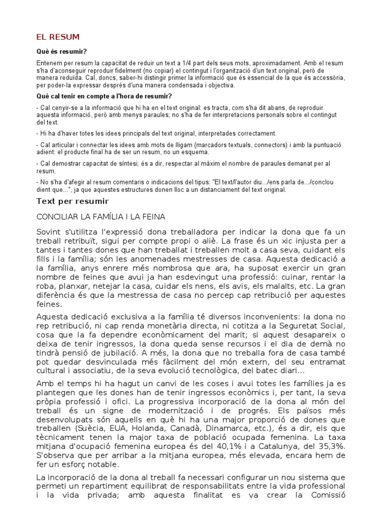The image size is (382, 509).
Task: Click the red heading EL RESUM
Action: pyautogui.click(x=58, y=37)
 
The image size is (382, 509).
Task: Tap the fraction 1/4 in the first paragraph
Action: pyautogui.click(x=191, y=63)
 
